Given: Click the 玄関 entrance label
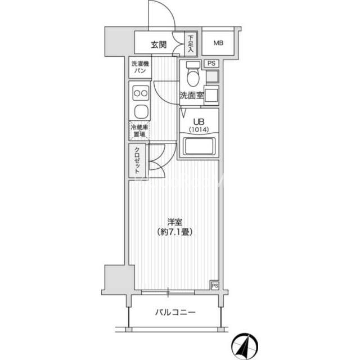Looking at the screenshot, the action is click(159, 44).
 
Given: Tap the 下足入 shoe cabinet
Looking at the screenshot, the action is click(191, 44).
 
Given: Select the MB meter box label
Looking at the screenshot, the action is click(218, 43).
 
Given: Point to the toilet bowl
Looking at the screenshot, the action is click(193, 74).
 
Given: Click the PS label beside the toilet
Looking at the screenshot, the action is click(211, 64).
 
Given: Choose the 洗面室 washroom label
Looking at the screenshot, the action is click(191, 95).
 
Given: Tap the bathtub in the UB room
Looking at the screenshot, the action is click(199, 146).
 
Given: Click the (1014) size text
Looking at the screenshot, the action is click(199, 130).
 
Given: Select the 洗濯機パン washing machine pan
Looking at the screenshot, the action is click(140, 67).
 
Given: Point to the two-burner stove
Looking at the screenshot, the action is click(141, 93).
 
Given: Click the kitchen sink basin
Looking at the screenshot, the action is click(141, 111).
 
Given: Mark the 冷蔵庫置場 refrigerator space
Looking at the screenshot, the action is click(139, 131).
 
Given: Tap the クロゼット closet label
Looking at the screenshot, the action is click(137, 160).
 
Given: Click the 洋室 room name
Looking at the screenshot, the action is click(175, 222).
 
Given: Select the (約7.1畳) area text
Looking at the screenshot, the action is click(175, 232).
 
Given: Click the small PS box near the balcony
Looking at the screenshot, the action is click(215, 286).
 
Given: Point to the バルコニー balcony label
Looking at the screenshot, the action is click(175, 312).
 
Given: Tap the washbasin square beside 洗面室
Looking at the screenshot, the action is click(211, 95).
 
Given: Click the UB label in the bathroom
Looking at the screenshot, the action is click(199, 121).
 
